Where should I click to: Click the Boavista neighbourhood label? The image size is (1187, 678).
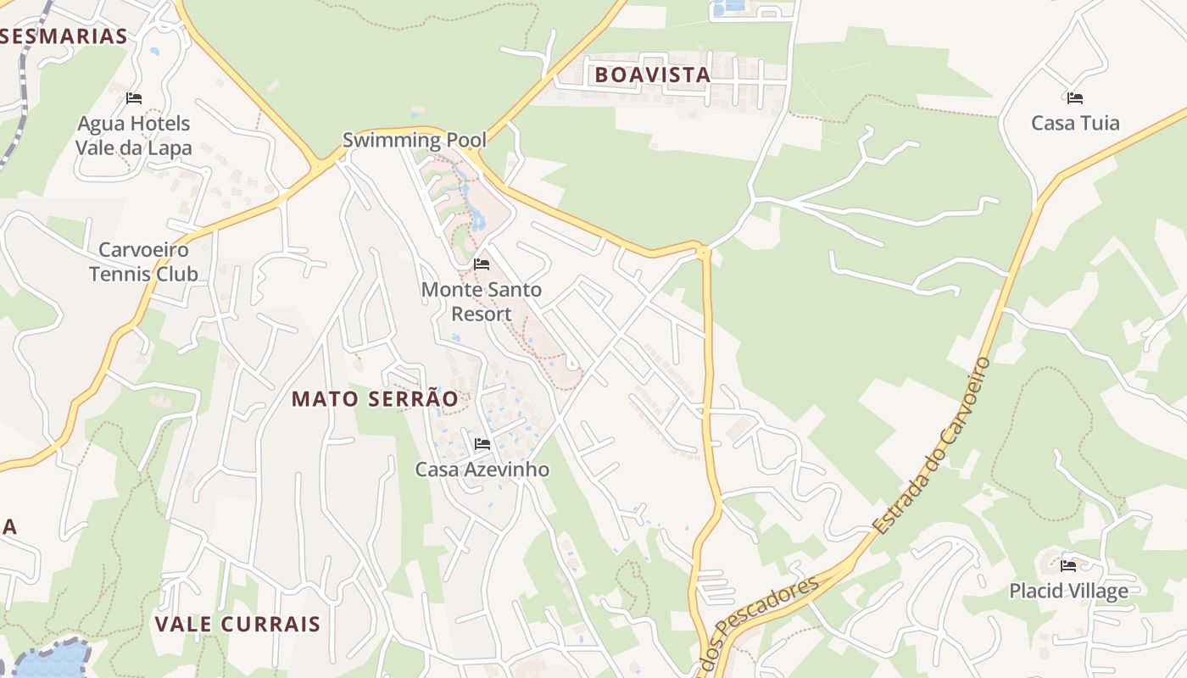coord(652,75)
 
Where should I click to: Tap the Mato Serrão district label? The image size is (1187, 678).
coord(375,399)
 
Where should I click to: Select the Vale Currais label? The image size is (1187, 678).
coord(237,625)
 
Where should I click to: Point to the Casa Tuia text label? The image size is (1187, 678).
coord(1075,123)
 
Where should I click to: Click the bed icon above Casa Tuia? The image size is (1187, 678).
coord(1075,97)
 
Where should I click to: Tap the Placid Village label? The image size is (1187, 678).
coord(1068,591)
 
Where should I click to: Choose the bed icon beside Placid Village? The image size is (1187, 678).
coord(1068,565)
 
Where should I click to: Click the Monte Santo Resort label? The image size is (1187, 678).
coord(482,302)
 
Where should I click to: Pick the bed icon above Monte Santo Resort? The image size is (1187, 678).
coord(482,264)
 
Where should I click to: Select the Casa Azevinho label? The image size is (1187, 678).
coord(482,470)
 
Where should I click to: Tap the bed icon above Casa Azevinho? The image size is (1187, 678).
coord(482,443)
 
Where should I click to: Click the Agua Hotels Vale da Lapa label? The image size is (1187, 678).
coord(134,136)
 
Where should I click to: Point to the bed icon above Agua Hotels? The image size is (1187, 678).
coord(134,97)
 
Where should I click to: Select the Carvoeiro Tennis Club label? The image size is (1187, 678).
coord(144,262)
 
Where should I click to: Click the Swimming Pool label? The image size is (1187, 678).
coord(414,140)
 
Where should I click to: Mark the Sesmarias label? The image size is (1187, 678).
coord(64,36)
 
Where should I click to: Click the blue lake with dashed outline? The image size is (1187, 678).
coord(51,659)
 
